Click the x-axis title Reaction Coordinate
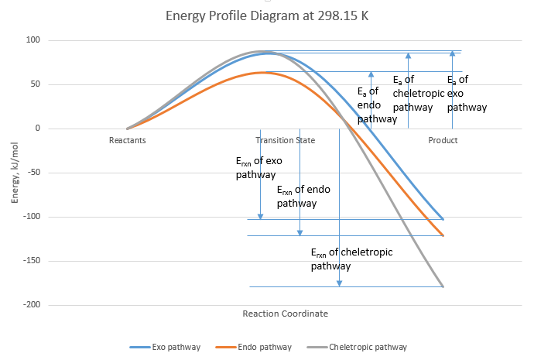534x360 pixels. point(285,314)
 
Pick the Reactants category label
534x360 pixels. point(127,141)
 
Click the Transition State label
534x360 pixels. point(286,141)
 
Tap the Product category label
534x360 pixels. point(443,141)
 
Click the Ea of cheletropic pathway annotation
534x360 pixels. point(418,93)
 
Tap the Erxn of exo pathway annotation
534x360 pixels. point(258,168)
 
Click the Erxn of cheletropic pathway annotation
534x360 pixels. point(341,259)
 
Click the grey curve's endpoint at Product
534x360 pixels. point(443,286)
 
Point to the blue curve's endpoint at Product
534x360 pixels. point(443,219)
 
